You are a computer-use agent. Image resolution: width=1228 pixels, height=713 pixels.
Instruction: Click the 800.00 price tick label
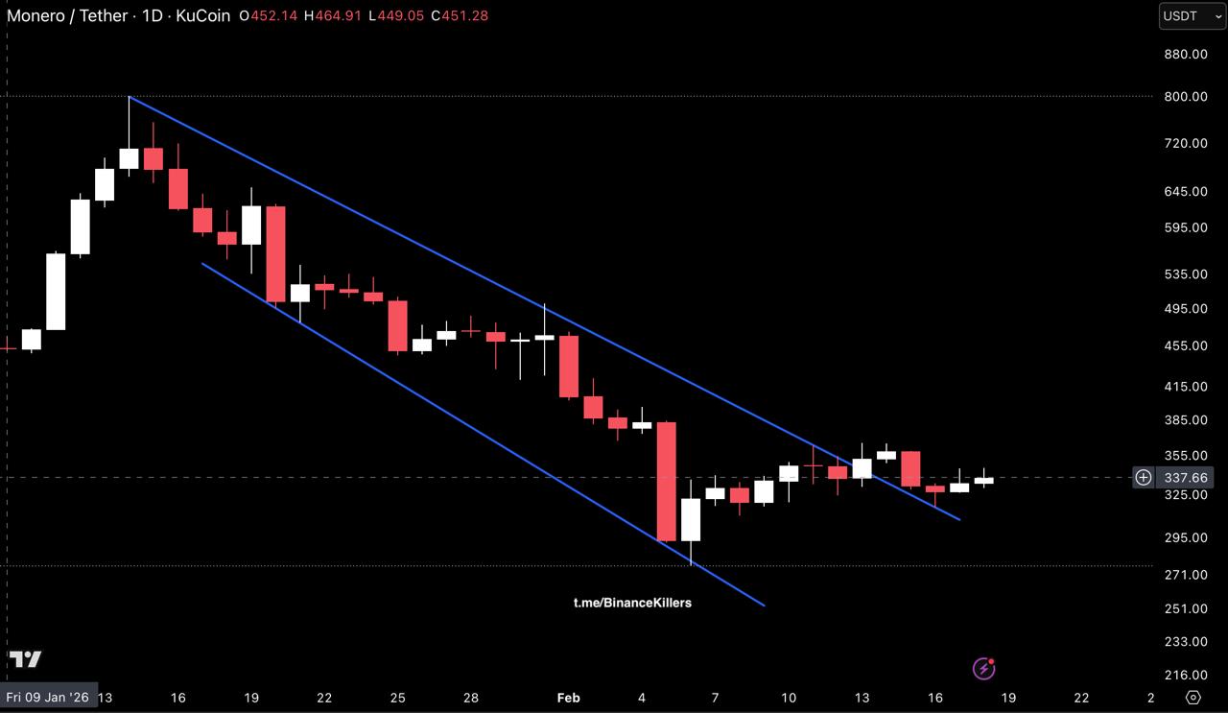[1185, 96]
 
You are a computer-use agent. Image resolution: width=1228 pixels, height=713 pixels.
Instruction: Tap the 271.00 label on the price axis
[1185, 575]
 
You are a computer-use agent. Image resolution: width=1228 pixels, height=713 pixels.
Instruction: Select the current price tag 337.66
[1185, 477]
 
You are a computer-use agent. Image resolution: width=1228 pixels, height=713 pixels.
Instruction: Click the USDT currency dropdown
[1191, 16]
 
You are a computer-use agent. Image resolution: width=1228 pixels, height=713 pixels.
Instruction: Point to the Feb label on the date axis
[568, 698]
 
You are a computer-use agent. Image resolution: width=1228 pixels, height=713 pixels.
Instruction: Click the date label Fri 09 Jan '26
[47, 698]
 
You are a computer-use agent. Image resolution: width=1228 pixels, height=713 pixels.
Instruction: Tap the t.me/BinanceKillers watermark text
[632, 603]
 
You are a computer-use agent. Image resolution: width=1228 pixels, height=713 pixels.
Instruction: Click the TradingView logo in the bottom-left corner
[26, 659]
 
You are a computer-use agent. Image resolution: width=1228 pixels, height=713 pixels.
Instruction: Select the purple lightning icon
[983, 668]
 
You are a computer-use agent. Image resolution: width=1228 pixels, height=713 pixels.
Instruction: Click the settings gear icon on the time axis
[1193, 698]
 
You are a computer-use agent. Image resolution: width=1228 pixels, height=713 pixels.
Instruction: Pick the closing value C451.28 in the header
[464, 16]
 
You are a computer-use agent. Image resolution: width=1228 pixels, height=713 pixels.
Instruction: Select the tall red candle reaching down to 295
[666, 481]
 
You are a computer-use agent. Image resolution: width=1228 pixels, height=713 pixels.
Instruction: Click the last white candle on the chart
[983, 480]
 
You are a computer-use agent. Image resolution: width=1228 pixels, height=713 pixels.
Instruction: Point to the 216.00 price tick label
[1185, 676]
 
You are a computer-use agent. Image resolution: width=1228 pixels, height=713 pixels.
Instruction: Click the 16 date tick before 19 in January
[177, 698]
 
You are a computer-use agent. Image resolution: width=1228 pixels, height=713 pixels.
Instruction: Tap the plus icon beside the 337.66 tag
[1144, 477]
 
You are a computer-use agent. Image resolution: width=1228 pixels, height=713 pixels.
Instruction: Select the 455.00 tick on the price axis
[1185, 345]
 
